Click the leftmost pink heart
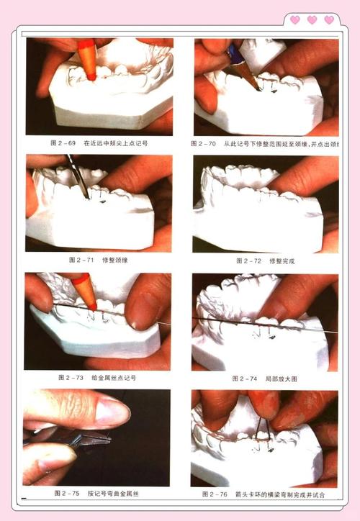click(x=295, y=20)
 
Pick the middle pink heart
click(x=312, y=20)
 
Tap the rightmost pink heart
click(x=329, y=20)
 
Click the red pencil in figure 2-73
click(x=85, y=291)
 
